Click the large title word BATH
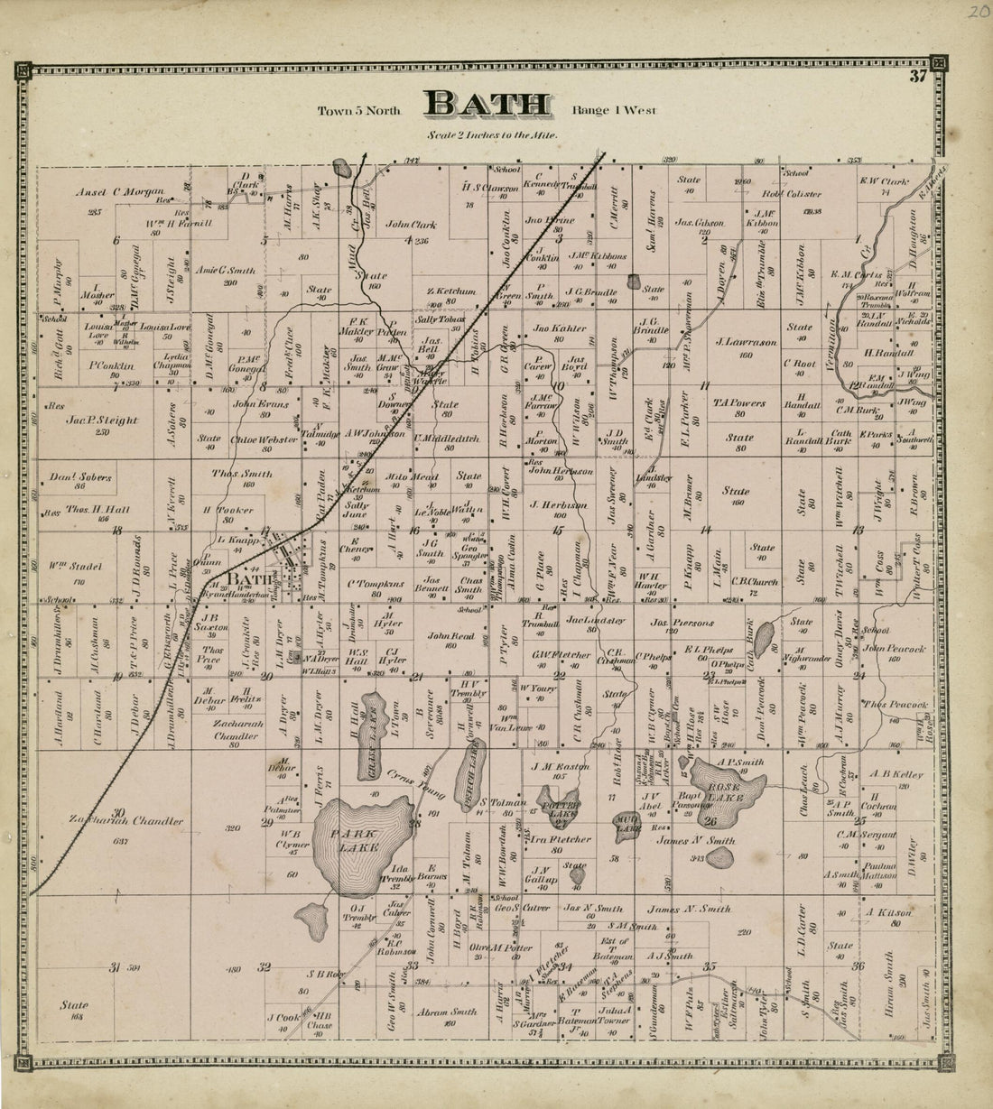pos(488,106)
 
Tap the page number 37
pos(918,76)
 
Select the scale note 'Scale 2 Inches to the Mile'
pos(493,135)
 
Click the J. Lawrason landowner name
pos(745,342)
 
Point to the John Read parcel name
pos(450,635)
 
